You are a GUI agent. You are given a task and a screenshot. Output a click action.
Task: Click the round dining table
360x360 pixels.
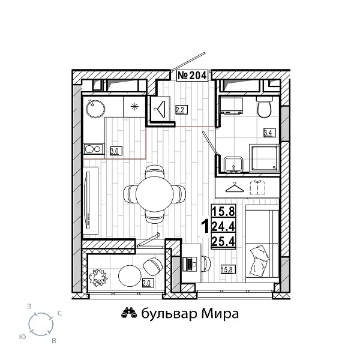tap(154, 193)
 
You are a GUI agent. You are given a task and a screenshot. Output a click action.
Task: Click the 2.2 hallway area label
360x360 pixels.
tap(179, 109)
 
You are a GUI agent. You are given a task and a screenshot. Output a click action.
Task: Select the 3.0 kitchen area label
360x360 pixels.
tap(113, 151)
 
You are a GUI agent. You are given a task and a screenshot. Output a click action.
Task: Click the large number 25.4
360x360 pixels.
tap(223, 241)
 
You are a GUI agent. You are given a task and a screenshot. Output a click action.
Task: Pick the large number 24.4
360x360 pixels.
tap(223, 226)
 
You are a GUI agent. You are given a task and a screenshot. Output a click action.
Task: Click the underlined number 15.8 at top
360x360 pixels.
tap(223, 211)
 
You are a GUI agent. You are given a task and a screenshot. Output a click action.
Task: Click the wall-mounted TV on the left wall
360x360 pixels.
tap(88, 191)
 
